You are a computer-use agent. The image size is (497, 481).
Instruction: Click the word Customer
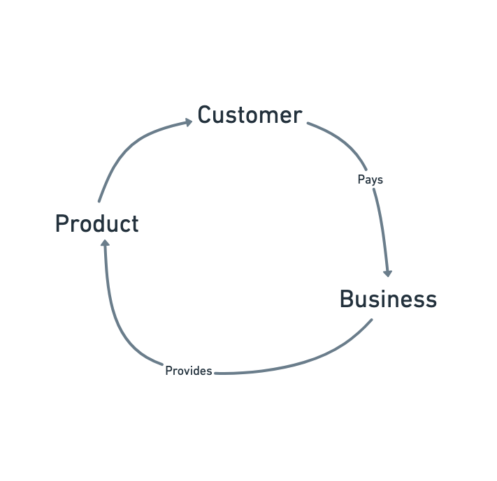[x=250, y=114]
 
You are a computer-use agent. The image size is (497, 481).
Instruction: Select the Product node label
[x=96, y=224]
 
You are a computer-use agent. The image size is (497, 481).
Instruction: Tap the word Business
[x=388, y=299]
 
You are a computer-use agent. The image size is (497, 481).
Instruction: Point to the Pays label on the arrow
[x=370, y=179]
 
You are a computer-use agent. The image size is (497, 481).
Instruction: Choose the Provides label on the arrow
[x=188, y=371]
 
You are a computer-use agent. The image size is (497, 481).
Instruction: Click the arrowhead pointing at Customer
[x=188, y=122]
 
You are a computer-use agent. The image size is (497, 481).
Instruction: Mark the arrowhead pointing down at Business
[x=388, y=272]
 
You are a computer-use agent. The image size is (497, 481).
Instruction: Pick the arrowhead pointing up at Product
[x=105, y=244]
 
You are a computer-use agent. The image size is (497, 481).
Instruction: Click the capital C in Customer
[x=204, y=114]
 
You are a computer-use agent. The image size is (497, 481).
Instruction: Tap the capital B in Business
[x=346, y=299]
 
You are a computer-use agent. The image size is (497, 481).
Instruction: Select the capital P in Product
[x=62, y=224]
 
